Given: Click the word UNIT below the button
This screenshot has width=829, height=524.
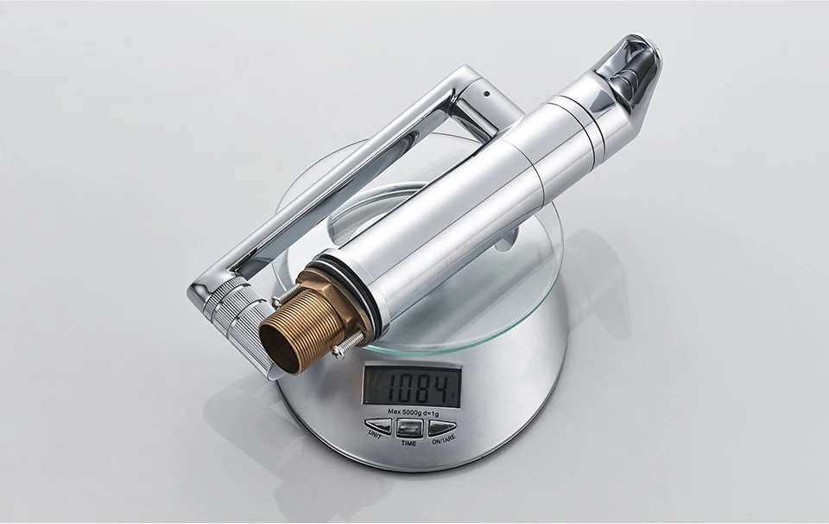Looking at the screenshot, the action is (x=375, y=434).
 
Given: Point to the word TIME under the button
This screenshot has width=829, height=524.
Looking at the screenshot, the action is (x=408, y=443).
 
